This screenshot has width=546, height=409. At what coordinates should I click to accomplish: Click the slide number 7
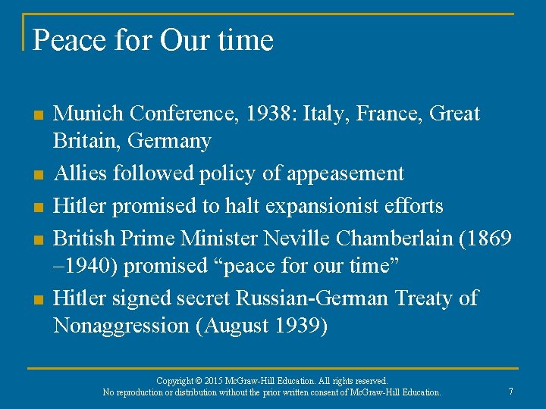[511, 392]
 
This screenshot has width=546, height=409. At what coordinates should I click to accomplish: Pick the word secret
[202, 298]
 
